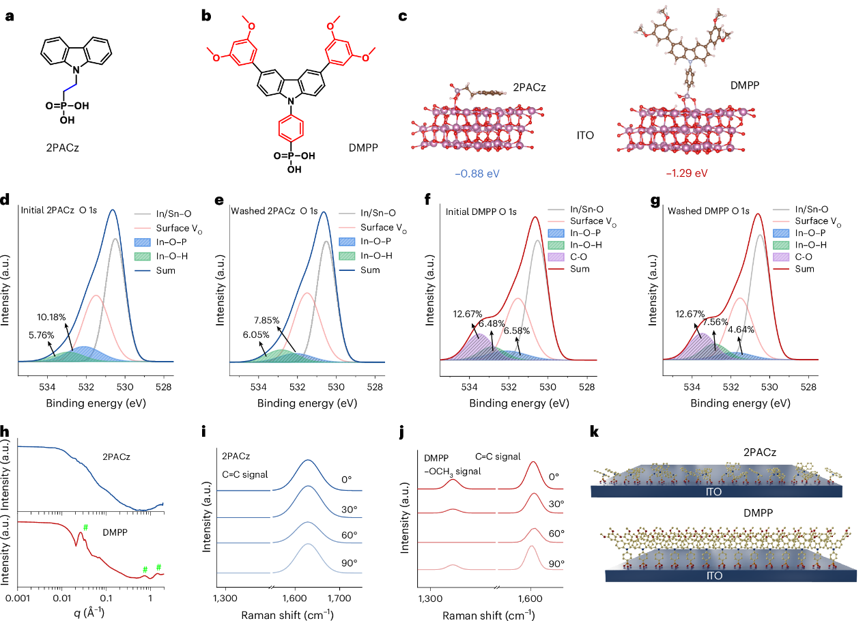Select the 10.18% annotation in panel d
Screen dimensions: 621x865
pyautogui.click(x=53, y=317)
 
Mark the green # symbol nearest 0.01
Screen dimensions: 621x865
pyautogui.click(x=85, y=527)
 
